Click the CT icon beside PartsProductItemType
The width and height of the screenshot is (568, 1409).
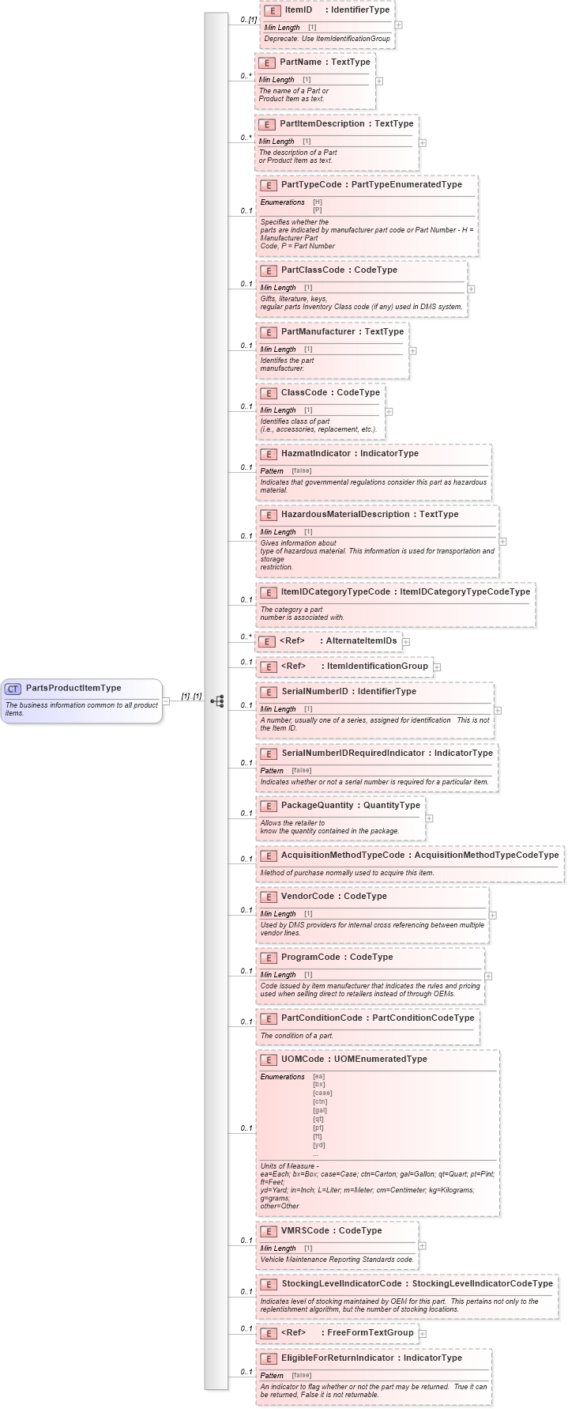(x=13, y=689)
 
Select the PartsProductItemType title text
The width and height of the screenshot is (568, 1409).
(x=73, y=688)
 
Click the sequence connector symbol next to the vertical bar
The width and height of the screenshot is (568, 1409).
(x=217, y=701)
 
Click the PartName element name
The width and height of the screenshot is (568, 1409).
(x=300, y=62)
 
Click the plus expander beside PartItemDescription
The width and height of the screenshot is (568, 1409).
(x=423, y=142)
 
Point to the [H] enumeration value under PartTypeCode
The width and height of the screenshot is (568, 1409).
(x=318, y=202)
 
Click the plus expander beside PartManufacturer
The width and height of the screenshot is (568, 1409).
(x=412, y=350)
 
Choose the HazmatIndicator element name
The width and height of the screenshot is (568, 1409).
(x=317, y=453)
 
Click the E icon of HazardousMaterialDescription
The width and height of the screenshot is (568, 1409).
(x=269, y=515)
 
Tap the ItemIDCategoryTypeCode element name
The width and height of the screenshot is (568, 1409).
(x=336, y=591)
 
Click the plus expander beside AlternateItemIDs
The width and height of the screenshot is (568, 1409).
(x=406, y=642)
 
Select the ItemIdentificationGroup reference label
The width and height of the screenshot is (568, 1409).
(x=377, y=666)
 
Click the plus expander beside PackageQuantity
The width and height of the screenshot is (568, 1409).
(x=429, y=818)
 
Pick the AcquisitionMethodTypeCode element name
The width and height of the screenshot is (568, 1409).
(x=343, y=855)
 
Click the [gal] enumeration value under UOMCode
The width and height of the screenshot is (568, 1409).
(x=320, y=1110)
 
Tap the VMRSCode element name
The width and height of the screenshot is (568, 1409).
(x=305, y=1230)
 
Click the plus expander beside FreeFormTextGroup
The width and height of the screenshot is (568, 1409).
(x=423, y=1333)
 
